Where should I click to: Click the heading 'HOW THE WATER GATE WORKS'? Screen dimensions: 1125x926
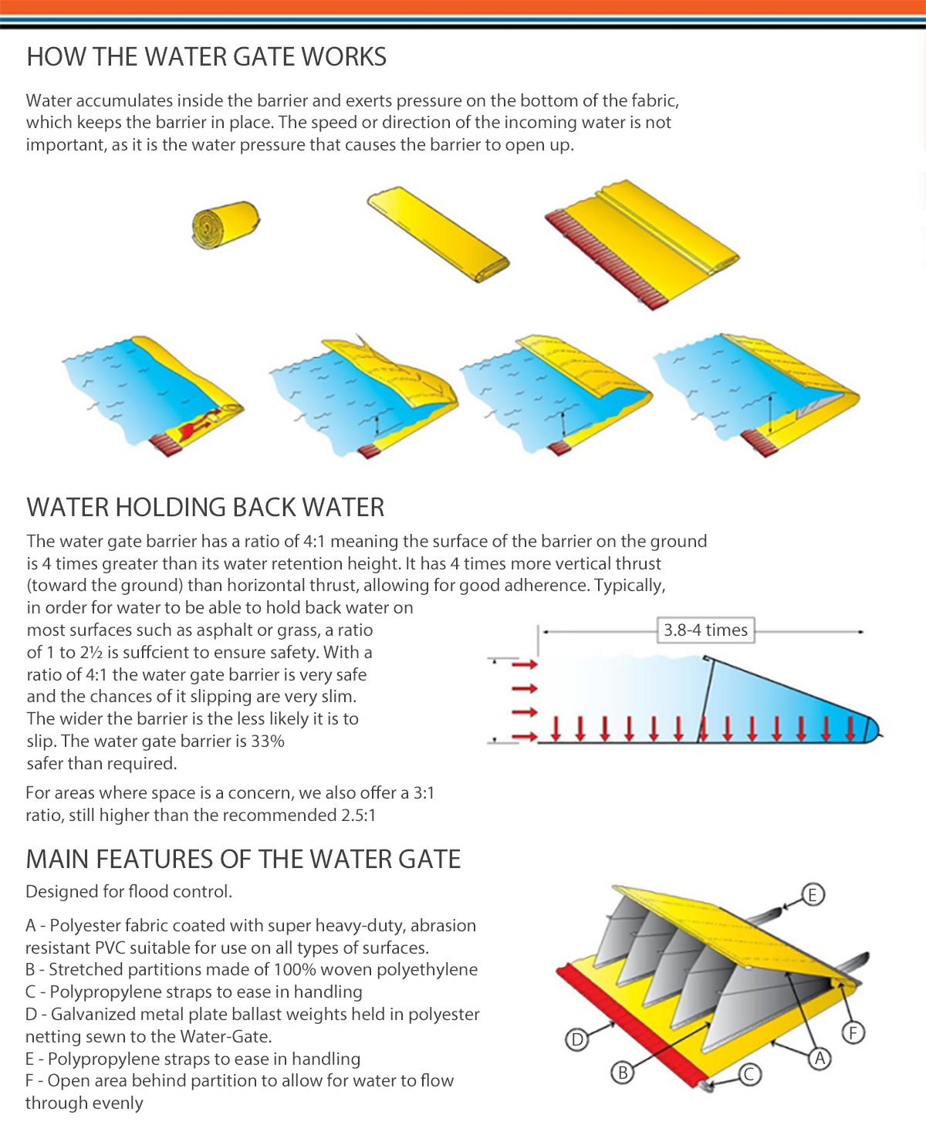coord(206,57)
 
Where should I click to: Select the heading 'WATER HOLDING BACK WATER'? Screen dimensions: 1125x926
coord(205,508)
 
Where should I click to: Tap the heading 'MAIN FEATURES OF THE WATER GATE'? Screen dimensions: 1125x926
coord(243,860)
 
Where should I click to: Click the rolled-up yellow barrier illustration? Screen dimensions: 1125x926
coord(225,225)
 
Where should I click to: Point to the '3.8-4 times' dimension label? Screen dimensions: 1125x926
coord(705,630)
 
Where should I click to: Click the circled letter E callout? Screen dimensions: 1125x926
coord(813,894)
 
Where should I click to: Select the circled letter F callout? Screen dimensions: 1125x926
coord(853,1032)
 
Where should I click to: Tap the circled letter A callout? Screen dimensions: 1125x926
coord(820,1059)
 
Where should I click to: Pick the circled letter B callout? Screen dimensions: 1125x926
coord(623,1073)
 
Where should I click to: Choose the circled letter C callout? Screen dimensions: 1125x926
coord(749,1074)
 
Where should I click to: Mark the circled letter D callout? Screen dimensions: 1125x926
coord(576,1040)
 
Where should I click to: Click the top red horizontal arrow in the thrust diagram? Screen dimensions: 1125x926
coord(524,664)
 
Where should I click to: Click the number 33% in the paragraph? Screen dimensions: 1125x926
coord(268,742)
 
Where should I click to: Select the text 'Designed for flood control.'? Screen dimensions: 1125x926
coord(129,892)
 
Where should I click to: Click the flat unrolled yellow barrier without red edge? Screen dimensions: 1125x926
coord(438,233)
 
